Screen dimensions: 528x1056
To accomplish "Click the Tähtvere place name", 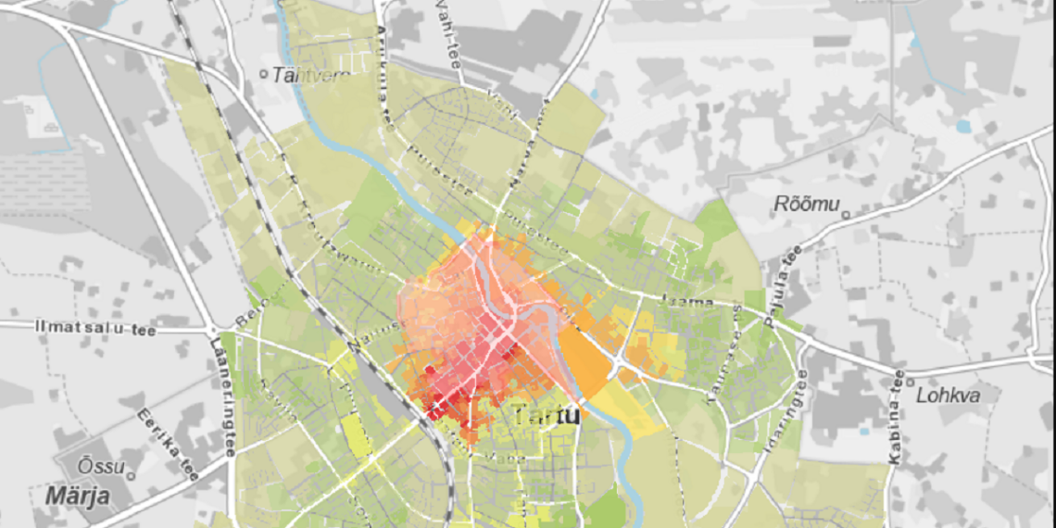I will click(x=310, y=74).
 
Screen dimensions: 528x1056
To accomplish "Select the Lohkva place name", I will click(x=946, y=395).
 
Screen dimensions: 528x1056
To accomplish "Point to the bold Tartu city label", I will click(x=547, y=415).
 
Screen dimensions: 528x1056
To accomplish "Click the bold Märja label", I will click(x=78, y=496).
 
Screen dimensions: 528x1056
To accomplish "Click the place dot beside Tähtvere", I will click(x=264, y=73).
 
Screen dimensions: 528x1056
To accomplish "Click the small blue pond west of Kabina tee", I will click(x=863, y=430).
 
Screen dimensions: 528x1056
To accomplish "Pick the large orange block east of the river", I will click(x=585, y=360).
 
